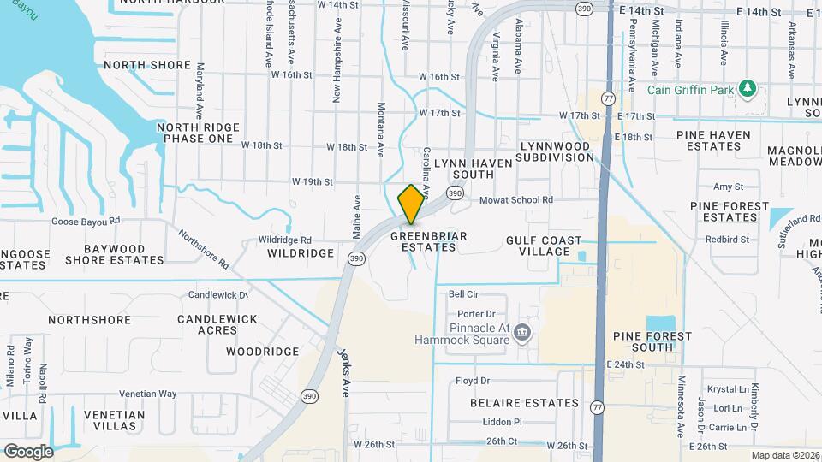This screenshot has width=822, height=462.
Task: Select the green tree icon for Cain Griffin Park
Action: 748,88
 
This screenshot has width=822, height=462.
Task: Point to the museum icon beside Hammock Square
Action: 523,332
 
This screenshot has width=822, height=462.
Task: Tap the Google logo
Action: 28,451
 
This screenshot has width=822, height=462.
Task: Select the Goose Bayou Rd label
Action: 89,221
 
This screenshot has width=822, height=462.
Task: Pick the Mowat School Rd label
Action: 515,199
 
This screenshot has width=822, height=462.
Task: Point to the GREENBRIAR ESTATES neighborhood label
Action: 425,240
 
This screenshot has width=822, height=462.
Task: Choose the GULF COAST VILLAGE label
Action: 543,246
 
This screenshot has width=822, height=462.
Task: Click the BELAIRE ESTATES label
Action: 524,402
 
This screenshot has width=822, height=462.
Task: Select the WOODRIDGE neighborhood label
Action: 263,352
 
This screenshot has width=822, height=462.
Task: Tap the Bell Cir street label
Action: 462,293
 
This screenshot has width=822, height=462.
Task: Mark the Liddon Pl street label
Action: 502,422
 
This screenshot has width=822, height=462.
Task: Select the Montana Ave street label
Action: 381,130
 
